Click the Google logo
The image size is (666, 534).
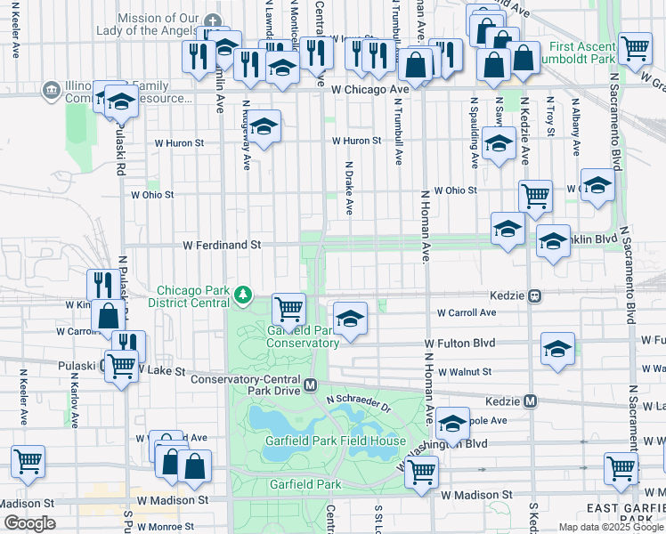[29, 523]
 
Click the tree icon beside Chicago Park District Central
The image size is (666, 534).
[241, 294]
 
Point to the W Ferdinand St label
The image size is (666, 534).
[221, 244]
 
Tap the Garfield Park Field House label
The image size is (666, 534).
[335, 441]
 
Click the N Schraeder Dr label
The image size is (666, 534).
[359, 406]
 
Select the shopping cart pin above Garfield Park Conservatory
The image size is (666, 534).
[288, 310]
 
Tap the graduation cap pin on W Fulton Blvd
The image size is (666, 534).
[557, 348]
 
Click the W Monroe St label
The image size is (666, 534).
[165, 527]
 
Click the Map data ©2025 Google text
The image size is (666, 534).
[611, 527]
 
